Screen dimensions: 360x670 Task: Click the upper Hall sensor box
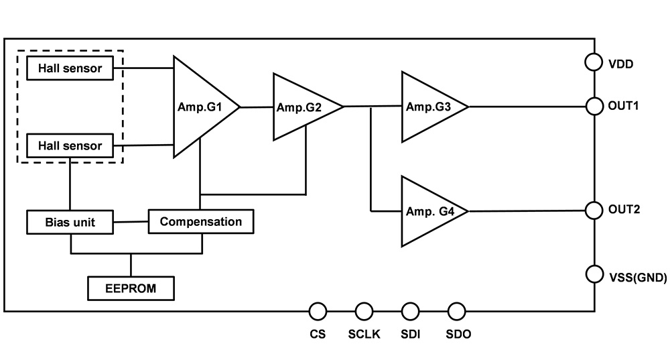70,68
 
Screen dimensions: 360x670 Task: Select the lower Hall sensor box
70,145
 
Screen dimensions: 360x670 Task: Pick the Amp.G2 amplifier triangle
301,107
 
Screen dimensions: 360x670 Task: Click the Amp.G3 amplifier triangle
429,107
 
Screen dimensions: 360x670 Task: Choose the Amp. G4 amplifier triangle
429,211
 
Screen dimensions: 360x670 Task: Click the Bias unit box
70,222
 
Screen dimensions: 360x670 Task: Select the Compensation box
201,221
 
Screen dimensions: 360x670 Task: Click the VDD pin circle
594,62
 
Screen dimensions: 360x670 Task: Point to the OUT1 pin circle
594,106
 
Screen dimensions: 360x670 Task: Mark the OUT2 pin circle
594,210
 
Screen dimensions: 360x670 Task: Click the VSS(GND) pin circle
594,274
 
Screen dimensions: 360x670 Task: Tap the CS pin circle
318,311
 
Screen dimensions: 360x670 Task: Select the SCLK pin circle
364,311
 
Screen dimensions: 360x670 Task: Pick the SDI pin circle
410,311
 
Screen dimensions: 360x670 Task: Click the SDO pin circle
456,311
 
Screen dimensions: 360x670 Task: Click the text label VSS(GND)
637,276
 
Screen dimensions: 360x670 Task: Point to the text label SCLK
364,334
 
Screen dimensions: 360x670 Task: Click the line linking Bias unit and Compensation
131,222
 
